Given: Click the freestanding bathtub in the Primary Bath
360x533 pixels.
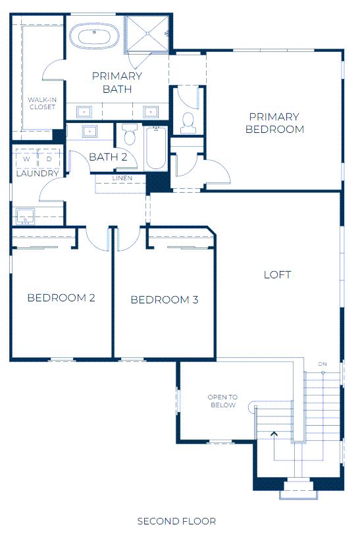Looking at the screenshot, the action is (95, 36).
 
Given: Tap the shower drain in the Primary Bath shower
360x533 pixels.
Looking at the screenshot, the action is (147, 34).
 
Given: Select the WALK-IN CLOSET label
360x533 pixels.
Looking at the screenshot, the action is (42, 103).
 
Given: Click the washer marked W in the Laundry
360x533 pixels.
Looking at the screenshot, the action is (26, 159).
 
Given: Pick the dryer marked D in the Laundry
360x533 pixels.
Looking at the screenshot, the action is (49, 159).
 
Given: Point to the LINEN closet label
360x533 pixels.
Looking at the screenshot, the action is (122, 178).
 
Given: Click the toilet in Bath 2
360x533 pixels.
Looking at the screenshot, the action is (130, 134).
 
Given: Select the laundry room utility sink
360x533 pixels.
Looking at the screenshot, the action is (26, 216).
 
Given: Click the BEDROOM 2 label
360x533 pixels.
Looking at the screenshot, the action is (61, 298).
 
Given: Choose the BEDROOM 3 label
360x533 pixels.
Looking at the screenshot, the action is (165, 299).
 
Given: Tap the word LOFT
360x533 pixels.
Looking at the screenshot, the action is (277, 274).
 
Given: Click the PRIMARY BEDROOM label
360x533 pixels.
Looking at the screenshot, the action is (274, 123).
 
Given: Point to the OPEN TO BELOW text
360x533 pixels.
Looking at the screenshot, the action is (222, 401).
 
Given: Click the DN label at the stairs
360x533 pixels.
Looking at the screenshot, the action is (322, 364).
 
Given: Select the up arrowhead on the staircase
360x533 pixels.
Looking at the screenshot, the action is (274, 434).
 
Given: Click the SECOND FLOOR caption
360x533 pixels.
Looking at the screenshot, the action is (176, 521).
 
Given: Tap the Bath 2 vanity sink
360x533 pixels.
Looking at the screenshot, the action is (90, 131).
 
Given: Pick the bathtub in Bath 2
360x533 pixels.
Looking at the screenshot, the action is (156, 148).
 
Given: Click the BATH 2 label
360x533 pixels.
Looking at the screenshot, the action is (108, 157).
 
